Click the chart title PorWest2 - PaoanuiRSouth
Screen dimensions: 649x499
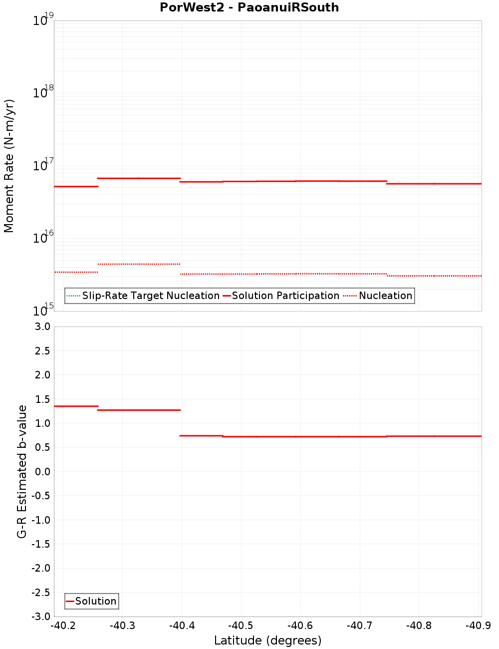click(x=249, y=7)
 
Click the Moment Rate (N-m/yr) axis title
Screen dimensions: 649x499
click(x=9, y=166)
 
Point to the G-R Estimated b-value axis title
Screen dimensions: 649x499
click(x=22, y=471)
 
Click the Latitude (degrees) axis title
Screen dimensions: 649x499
click(x=267, y=641)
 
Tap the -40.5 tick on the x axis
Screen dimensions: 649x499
click(x=241, y=626)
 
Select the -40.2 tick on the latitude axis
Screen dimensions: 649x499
click(x=63, y=626)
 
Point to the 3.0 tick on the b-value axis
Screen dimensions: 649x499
click(x=41, y=327)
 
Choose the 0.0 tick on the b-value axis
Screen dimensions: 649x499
click(x=41, y=472)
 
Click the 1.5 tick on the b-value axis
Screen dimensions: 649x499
click(x=41, y=399)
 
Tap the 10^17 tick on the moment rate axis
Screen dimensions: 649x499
click(x=42, y=165)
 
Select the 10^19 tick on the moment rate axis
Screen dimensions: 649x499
click(x=42, y=20)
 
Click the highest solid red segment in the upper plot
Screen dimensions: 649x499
click(x=139, y=178)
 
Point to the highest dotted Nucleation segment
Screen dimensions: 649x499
click(x=139, y=264)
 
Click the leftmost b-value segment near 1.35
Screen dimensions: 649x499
click(x=76, y=406)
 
